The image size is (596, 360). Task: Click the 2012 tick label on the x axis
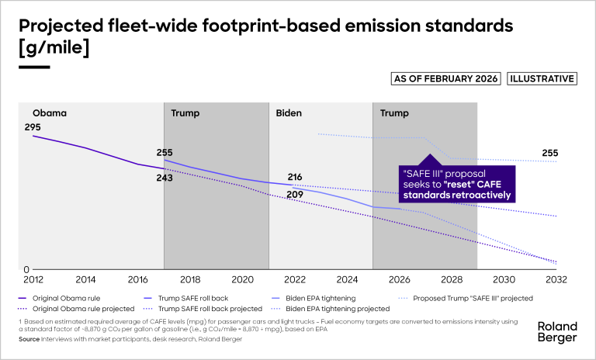point(32,279)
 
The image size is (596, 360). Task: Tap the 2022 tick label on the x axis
point(294,279)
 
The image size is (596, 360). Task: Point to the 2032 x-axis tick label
point(556,279)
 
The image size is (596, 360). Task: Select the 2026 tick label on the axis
point(399,279)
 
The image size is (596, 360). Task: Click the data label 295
point(33,127)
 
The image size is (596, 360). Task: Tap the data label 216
point(295,178)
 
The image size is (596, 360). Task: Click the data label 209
point(295,194)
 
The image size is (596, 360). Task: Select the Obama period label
point(50,113)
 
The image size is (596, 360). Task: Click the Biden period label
point(289,113)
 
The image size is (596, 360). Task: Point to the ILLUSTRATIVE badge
point(542,78)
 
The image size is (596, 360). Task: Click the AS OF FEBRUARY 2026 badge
point(445,78)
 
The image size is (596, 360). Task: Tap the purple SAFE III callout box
point(456,183)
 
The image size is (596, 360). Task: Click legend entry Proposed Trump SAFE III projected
point(472,297)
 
